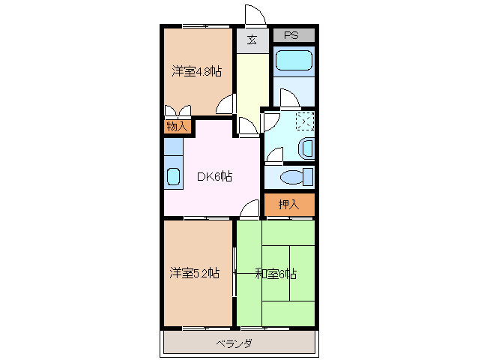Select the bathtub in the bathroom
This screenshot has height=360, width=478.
pyautogui.click(x=293, y=61)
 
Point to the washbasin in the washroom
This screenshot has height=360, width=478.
pyautogui.click(x=306, y=148)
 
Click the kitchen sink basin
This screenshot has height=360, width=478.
pyautogui.click(x=173, y=178)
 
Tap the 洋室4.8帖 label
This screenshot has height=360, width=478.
pyautogui.click(x=196, y=72)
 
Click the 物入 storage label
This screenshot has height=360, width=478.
pyautogui.click(x=176, y=127)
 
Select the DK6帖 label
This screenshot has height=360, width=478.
pyautogui.click(x=214, y=177)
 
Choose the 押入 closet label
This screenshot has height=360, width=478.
pyautogui.click(x=288, y=204)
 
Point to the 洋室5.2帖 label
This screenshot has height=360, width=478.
pyautogui.click(x=195, y=273)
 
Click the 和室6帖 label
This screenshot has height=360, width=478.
pyautogui.click(x=275, y=273)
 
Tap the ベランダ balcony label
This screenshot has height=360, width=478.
pyautogui.click(x=235, y=343)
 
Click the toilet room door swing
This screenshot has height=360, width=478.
pyautogui.click(x=273, y=156)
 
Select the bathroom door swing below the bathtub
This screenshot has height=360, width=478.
pyautogui.click(x=288, y=99)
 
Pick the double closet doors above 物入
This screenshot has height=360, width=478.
pyautogui.click(x=177, y=113)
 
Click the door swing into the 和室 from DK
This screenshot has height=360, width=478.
pyautogui.click(x=249, y=211)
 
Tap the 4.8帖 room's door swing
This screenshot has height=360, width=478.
pyautogui.click(x=227, y=105)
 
